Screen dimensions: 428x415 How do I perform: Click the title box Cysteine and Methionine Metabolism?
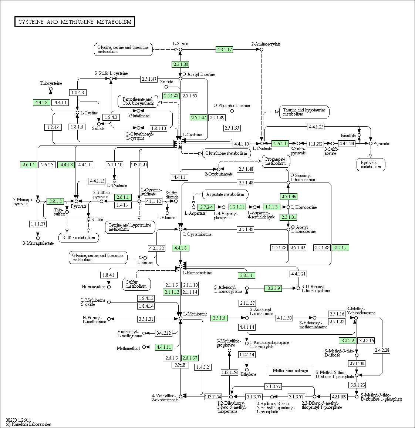[75, 22]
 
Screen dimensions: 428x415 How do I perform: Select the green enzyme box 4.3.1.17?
[225, 50]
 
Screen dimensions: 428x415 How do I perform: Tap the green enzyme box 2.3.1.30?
[180, 64]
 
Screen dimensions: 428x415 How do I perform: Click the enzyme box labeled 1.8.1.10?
[158, 128]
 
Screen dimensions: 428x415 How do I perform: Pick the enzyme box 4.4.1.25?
[316, 127]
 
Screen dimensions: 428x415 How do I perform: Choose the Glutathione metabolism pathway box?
[226, 153]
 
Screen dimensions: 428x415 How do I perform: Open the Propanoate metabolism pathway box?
[276, 161]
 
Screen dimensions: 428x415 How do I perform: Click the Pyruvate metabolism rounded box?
[371, 165]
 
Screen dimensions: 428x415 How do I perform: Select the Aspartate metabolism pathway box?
[225, 194]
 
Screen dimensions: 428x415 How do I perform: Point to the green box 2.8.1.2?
[55, 201]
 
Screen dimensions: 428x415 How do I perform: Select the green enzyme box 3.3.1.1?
[246, 275]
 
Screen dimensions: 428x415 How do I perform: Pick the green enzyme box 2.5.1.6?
[219, 318]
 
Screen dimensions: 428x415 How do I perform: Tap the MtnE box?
[180, 365]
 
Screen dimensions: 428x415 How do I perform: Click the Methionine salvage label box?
[290, 371]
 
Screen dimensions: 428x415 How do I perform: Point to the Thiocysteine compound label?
[51, 83]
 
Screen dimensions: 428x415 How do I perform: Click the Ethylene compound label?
[248, 374]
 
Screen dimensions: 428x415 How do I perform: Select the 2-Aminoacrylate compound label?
[266, 44]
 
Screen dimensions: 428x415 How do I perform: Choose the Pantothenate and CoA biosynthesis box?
[138, 101]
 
